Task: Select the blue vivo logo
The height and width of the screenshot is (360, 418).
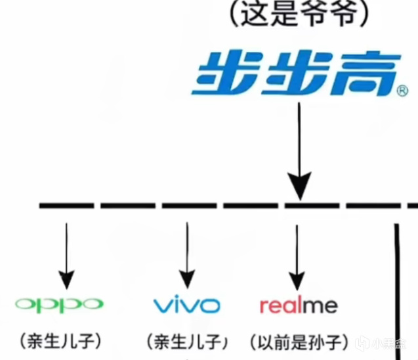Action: (x=186, y=305)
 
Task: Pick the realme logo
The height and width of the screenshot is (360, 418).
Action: (x=299, y=305)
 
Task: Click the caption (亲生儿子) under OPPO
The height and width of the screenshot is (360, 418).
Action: (x=60, y=340)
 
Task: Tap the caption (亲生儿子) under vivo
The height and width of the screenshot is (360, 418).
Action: (x=187, y=342)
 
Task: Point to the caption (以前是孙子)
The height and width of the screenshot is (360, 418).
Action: (x=299, y=342)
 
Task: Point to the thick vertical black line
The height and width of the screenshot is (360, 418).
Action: (x=396, y=289)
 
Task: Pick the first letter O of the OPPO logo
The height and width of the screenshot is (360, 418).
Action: (x=26, y=304)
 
